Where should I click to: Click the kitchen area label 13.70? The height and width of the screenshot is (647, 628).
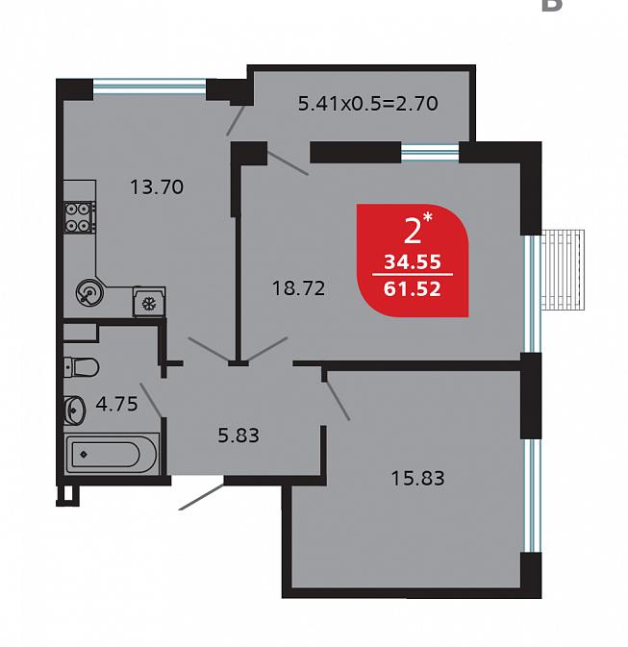(x=157, y=187)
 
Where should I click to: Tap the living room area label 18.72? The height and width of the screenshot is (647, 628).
(x=298, y=288)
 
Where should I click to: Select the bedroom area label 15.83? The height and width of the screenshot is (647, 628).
(x=417, y=478)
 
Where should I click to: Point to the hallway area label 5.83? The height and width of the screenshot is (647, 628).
(x=239, y=435)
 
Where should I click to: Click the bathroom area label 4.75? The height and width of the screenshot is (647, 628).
(x=116, y=404)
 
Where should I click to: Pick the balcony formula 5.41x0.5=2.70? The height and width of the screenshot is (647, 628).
(x=368, y=103)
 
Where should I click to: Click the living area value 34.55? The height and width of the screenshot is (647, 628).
(x=413, y=262)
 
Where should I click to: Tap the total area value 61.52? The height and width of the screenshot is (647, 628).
(x=413, y=288)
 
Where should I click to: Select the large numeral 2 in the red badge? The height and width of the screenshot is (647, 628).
(x=413, y=232)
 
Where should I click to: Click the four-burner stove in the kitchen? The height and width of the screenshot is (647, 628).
(x=79, y=217)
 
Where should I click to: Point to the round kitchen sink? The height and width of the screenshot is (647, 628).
(x=89, y=293)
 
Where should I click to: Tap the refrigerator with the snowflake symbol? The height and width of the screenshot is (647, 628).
(x=149, y=302)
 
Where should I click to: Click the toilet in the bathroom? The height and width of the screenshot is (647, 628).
(x=82, y=367)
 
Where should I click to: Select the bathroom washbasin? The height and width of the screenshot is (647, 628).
(x=74, y=411)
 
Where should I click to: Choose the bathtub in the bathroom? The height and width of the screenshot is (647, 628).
(x=112, y=454)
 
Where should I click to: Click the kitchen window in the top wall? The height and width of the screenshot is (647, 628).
(x=149, y=87)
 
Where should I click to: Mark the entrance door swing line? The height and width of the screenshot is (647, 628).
(x=202, y=496)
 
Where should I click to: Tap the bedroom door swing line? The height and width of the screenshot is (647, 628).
(x=338, y=401)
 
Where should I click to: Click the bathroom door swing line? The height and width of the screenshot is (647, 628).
(x=151, y=400)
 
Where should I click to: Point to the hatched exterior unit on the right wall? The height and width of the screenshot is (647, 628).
(x=563, y=270)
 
